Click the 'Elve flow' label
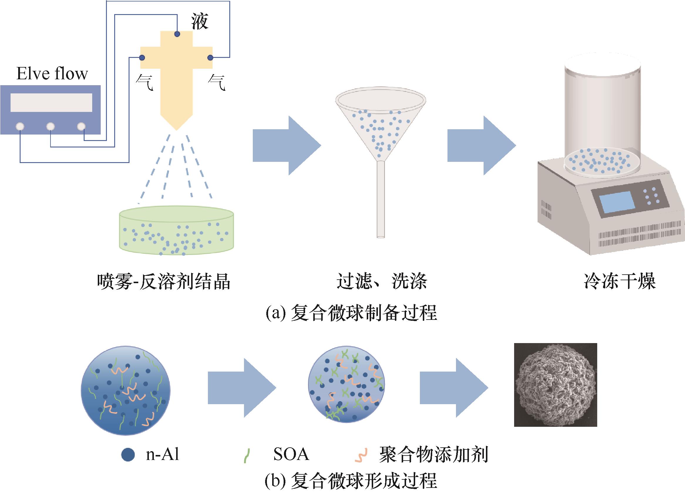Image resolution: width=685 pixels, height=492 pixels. click(52, 73)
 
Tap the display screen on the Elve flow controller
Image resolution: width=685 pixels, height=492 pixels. click(51, 103)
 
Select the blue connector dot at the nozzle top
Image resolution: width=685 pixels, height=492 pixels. click(177, 34)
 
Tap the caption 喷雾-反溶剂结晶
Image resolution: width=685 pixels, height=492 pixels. click(164, 282)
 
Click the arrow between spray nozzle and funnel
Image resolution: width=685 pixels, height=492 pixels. click(286, 145)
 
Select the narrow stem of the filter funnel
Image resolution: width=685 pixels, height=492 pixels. click(381, 199)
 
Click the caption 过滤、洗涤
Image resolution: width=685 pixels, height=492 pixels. click(382, 282)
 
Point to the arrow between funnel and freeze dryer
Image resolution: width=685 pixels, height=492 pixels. click(481, 145)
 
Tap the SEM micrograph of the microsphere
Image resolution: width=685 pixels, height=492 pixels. click(556, 385)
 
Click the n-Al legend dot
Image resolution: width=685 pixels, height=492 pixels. click(128, 455)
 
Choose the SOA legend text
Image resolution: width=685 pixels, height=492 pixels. click(291, 454)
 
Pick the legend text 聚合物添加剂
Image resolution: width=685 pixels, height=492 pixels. click(433, 454)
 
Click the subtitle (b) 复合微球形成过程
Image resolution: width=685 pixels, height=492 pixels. click(351, 481)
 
